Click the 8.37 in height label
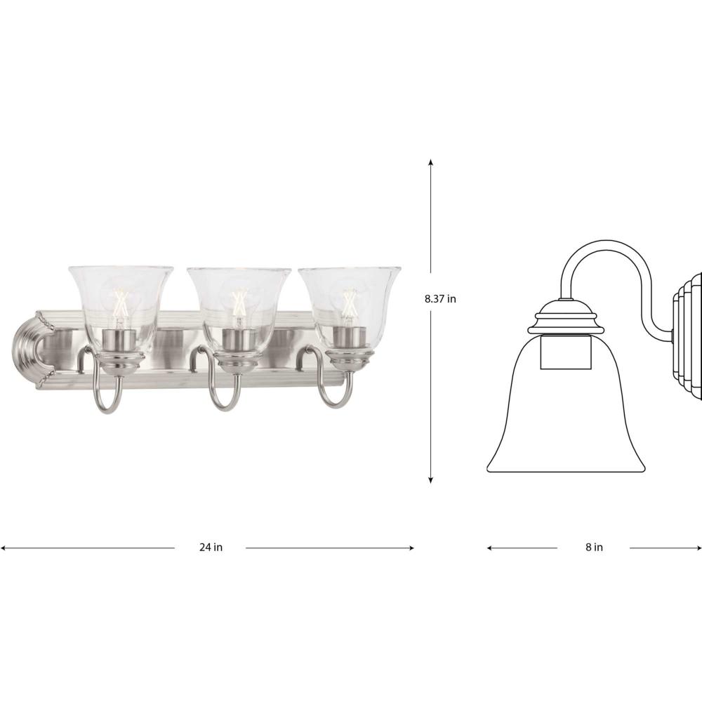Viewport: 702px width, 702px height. (x=440, y=298)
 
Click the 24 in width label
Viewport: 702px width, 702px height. (x=211, y=547)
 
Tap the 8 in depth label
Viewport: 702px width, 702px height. (x=594, y=547)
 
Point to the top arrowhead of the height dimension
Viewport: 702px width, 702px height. (x=431, y=162)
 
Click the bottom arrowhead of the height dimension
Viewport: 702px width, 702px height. (x=431, y=480)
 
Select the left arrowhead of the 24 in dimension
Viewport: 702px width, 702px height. (x=4, y=548)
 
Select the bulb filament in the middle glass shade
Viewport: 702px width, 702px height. (x=239, y=302)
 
